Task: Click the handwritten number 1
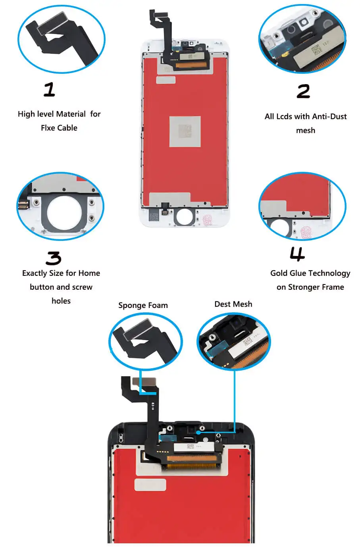[49, 89]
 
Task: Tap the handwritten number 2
[303, 91]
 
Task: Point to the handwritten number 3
[53, 258]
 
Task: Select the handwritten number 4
[297, 254]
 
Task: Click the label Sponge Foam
[143, 305]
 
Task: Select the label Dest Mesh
[233, 304]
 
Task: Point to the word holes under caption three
[61, 301]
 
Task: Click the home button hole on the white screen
[184, 217]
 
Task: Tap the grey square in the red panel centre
[185, 131]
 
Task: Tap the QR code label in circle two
[316, 51]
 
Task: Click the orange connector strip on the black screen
[193, 460]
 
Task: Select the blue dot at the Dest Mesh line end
[197, 432]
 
